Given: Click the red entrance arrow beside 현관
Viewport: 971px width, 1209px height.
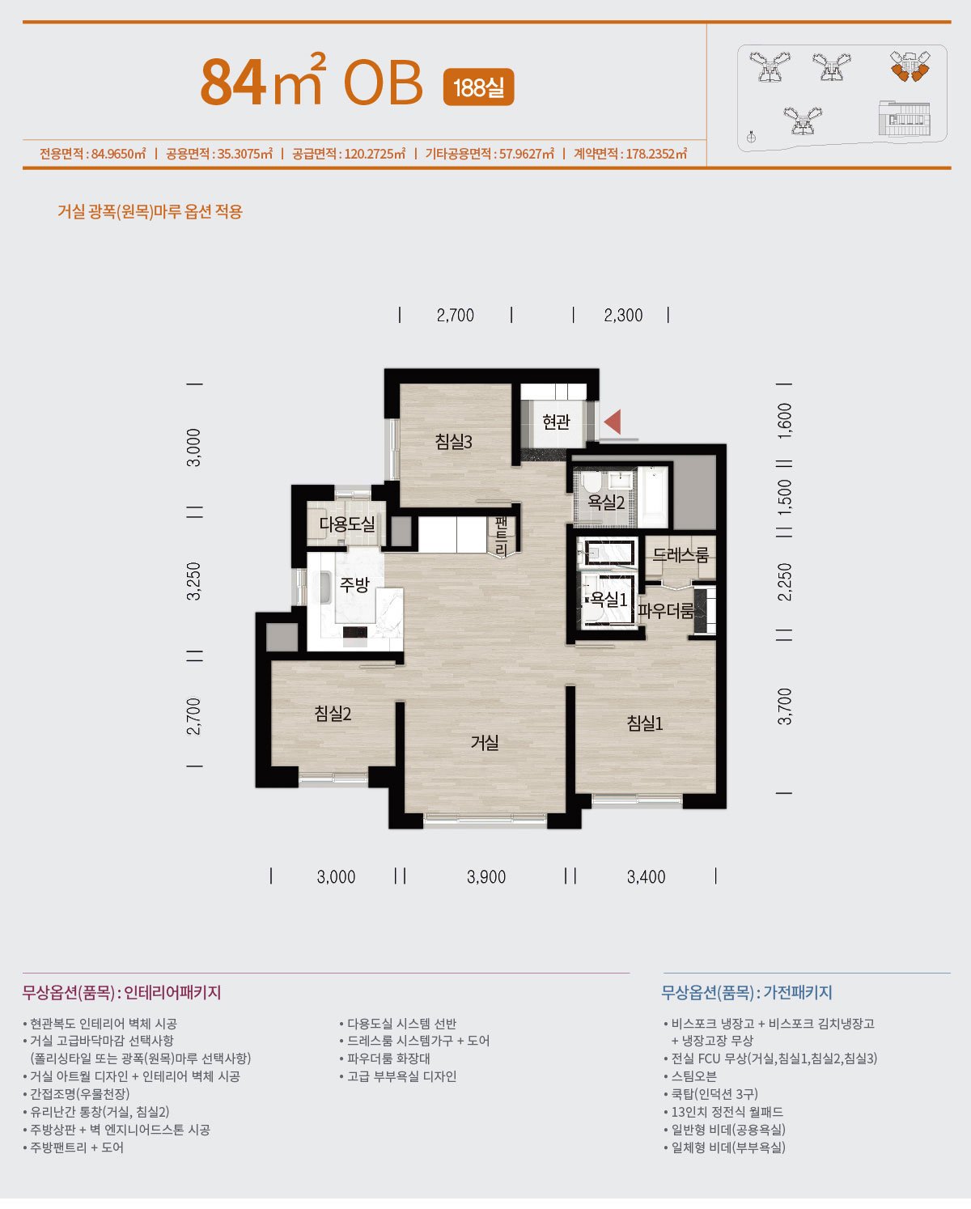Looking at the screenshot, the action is tap(613, 422).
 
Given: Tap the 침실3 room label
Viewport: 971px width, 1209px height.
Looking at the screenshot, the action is tap(453, 442).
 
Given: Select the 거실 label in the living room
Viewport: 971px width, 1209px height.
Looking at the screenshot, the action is tap(485, 743).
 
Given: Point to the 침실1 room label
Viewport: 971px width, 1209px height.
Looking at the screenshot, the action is tap(645, 723).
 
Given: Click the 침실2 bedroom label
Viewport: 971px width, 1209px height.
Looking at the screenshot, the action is tap(333, 714).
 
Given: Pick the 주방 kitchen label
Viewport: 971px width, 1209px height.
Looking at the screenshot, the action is tap(354, 585).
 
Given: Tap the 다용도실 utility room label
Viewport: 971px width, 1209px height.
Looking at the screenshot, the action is tap(346, 524).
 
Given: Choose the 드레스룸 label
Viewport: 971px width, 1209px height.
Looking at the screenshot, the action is tap(681, 555).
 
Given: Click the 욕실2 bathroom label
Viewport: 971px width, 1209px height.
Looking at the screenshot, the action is tap(606, 502).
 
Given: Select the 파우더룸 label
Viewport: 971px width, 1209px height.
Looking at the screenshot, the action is tap(666, 611).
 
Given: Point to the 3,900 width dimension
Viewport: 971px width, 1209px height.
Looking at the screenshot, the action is tap(486, 877).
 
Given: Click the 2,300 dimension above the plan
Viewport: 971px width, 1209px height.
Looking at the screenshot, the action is tap(623, 315).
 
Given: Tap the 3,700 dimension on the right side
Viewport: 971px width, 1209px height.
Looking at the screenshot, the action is tap(784, 706).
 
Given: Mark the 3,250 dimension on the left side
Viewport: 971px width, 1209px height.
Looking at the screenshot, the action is tap(193, 582).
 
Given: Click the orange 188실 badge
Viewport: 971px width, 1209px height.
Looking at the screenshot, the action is tap(479, 87).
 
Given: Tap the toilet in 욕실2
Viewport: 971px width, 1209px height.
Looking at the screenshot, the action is tap(592, 482).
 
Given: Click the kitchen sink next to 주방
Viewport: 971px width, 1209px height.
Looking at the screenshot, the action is tap(325, 588).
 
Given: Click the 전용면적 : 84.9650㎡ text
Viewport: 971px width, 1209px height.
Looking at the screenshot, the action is tap(93, 154).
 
